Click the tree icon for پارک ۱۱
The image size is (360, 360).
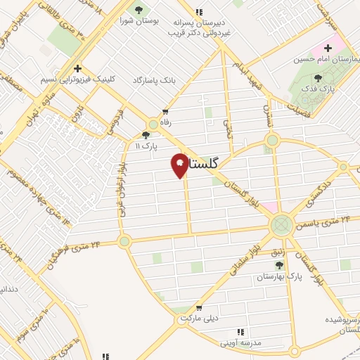[x=146, y=135]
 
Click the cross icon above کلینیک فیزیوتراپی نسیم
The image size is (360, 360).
[x=78, y=67]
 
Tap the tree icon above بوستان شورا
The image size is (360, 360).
[x=138, y=10]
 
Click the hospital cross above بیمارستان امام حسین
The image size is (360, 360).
[x=327, y=48]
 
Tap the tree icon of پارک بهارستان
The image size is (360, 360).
[x=280, y=265]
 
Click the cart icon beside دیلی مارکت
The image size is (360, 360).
[x=200, y=307]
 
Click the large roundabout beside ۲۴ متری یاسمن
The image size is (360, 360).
[x=281, y=225]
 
